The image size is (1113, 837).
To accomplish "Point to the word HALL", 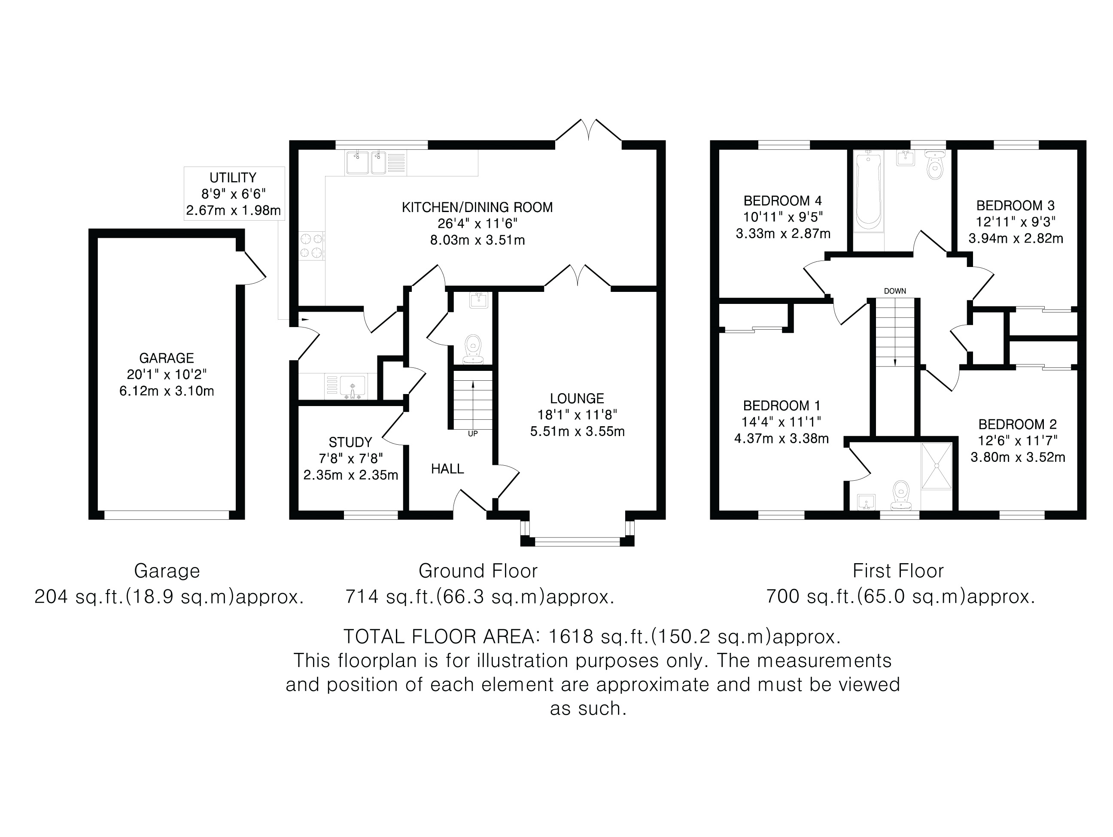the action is [x=447, y=469].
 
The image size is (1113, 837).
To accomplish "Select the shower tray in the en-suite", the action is [x=937, y=466].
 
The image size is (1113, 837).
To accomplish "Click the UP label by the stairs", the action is [x=473, y=434].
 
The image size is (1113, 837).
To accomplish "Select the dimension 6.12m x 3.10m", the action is [x=167, y=391].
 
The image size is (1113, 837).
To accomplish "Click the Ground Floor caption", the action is [x=478, y=571].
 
